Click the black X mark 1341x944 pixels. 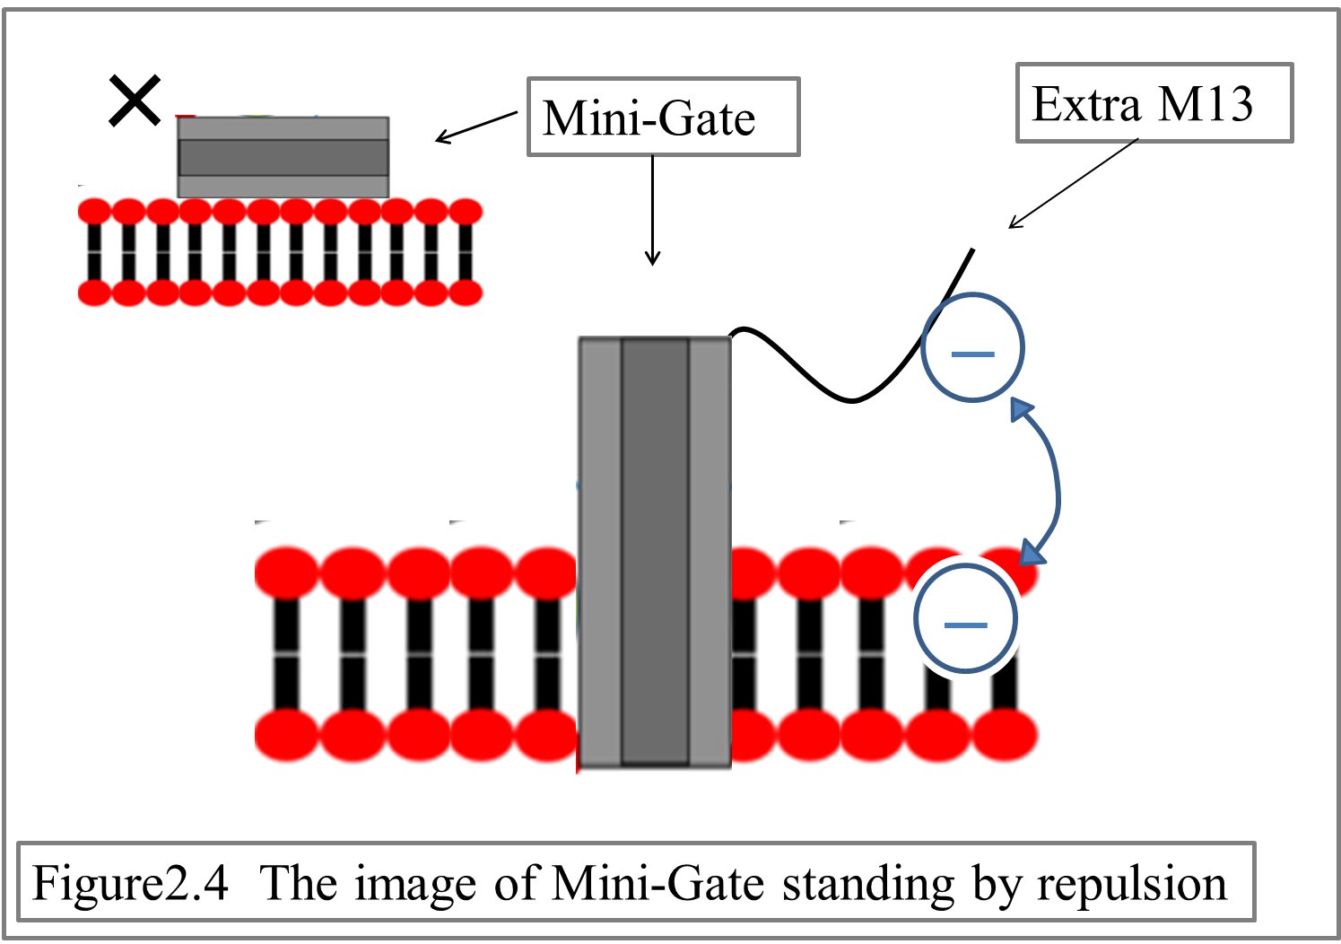[135, 101]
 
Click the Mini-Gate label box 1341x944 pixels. [662, 118]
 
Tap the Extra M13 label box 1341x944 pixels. [1154, 103]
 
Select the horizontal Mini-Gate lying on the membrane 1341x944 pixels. [283, 157]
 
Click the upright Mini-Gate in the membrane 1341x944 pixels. [655, 552]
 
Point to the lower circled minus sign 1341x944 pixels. [966, 619]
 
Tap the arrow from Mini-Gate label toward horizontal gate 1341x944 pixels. [475, 127]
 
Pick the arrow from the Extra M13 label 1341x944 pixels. [1072, 185]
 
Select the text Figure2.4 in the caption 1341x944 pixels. [130, 884]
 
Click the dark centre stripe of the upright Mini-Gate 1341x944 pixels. [655, 552]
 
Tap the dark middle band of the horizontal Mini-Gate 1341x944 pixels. [283, 157]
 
